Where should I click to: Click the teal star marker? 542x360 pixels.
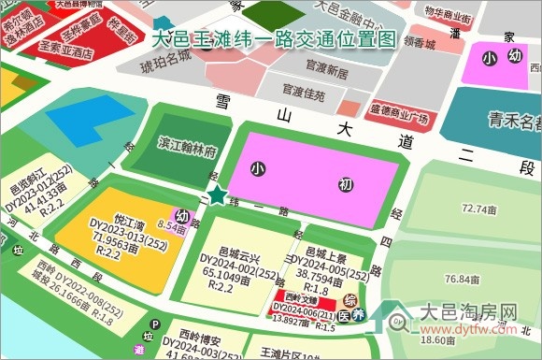(218, 196)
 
